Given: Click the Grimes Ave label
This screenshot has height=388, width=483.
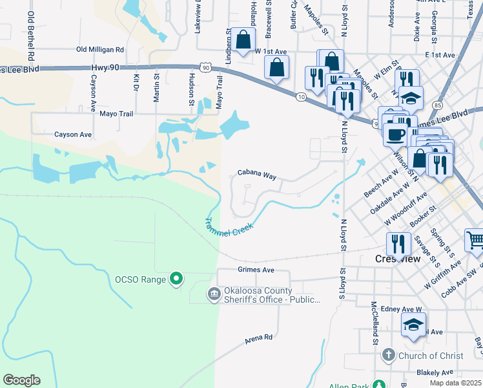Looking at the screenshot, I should pos(256,270).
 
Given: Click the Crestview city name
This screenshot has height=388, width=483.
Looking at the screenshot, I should pos(398,259).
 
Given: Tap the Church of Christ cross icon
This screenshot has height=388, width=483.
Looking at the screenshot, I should pos(388,355).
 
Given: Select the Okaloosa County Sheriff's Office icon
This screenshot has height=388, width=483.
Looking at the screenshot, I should pos(214,295).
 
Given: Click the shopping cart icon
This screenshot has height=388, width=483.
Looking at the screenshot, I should pos(475,241).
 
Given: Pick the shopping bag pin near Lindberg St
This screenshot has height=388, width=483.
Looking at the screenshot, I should pos(245,40).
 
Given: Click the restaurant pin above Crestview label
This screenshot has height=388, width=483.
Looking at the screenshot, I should pos(397,244).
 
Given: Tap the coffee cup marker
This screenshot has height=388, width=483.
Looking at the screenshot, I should pos(395,135).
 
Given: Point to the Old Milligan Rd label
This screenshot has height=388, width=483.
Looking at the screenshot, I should pos(99,49).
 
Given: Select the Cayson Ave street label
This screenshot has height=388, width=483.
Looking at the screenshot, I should pos(73,135).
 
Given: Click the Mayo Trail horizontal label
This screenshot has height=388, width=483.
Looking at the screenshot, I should pos(116,114).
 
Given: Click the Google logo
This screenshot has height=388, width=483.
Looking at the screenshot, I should pos(21,380).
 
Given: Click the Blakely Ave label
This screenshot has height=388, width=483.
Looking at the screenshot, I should pos(435,372).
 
